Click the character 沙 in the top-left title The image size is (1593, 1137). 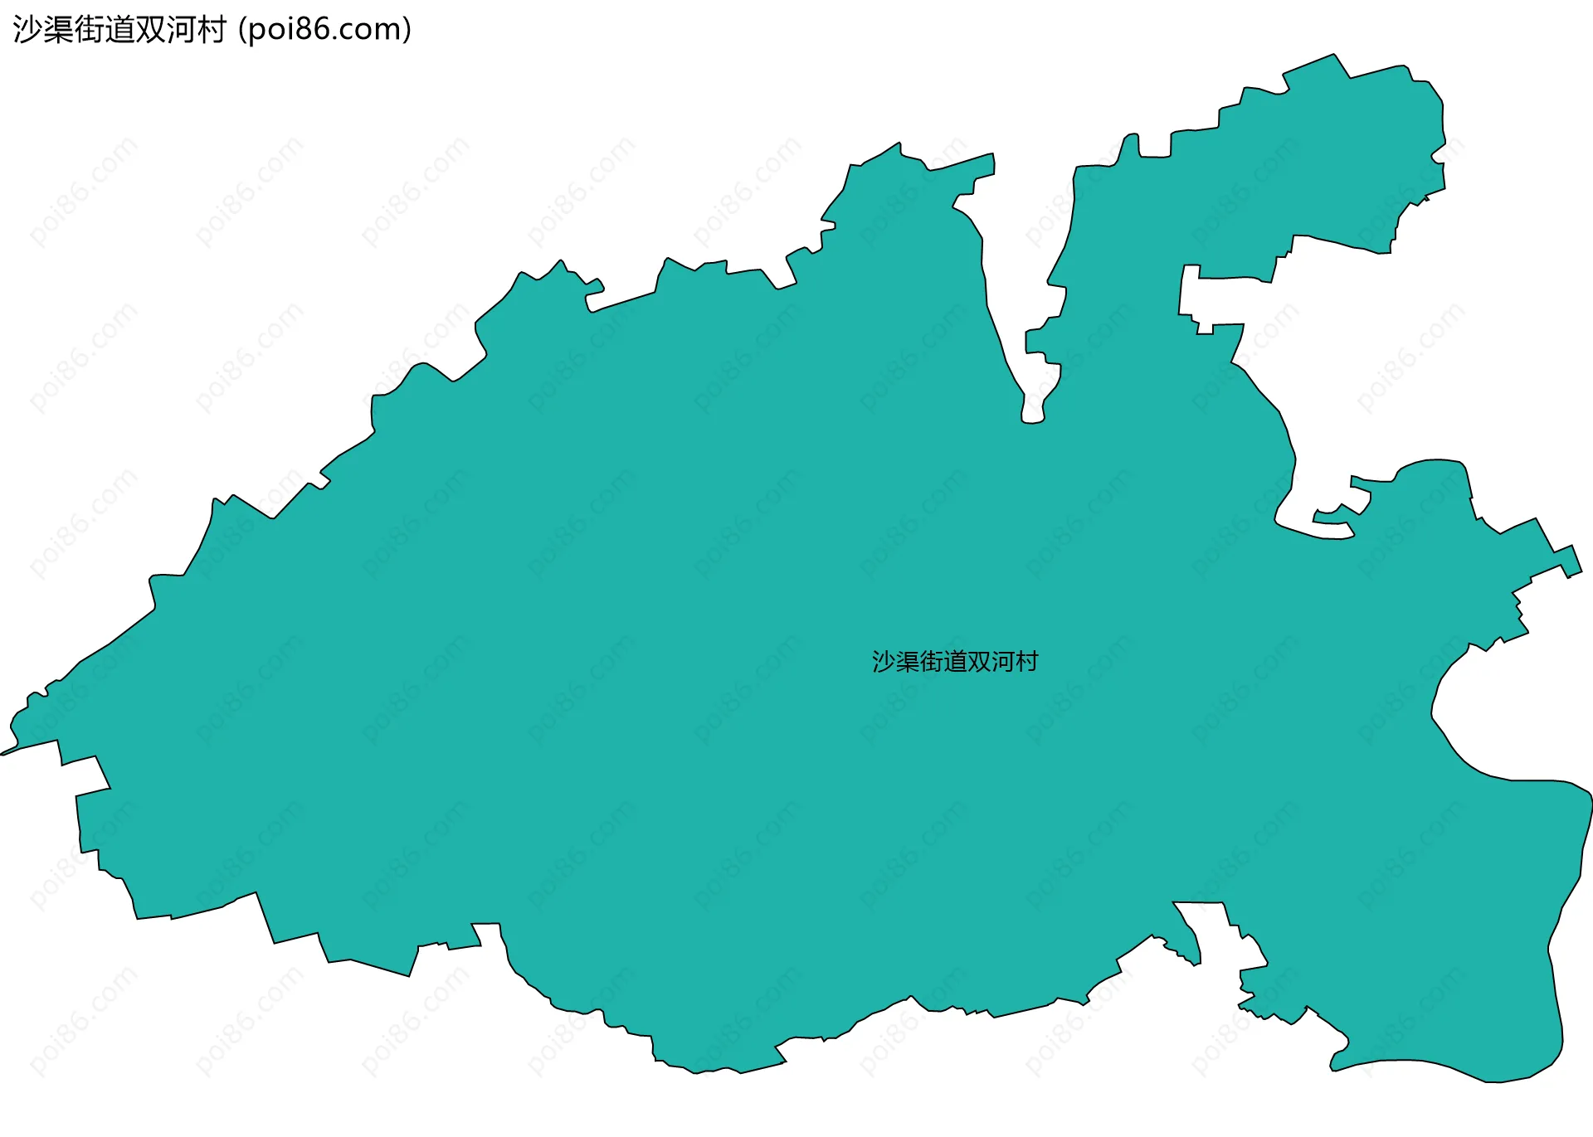coord(27,30)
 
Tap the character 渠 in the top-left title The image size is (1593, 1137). coord(58,30)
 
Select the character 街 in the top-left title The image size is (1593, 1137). coord(89,30)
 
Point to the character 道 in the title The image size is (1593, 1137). coord(119,30)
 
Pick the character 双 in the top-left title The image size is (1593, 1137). coord(150,30)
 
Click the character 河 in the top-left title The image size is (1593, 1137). coord(181,30)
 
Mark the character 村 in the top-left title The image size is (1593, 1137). coord(212,30)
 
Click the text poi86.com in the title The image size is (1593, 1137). coord(324,30)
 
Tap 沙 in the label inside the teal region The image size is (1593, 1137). coord(884,662)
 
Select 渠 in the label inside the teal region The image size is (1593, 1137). coord(908,662)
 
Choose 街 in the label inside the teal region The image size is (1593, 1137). coord(931,662)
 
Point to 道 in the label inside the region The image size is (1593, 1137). coord(955,662)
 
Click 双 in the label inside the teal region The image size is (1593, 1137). coord(979,662)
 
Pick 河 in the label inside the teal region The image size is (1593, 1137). coord(1002,662)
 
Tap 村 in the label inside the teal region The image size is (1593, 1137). coord(1026,662)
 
